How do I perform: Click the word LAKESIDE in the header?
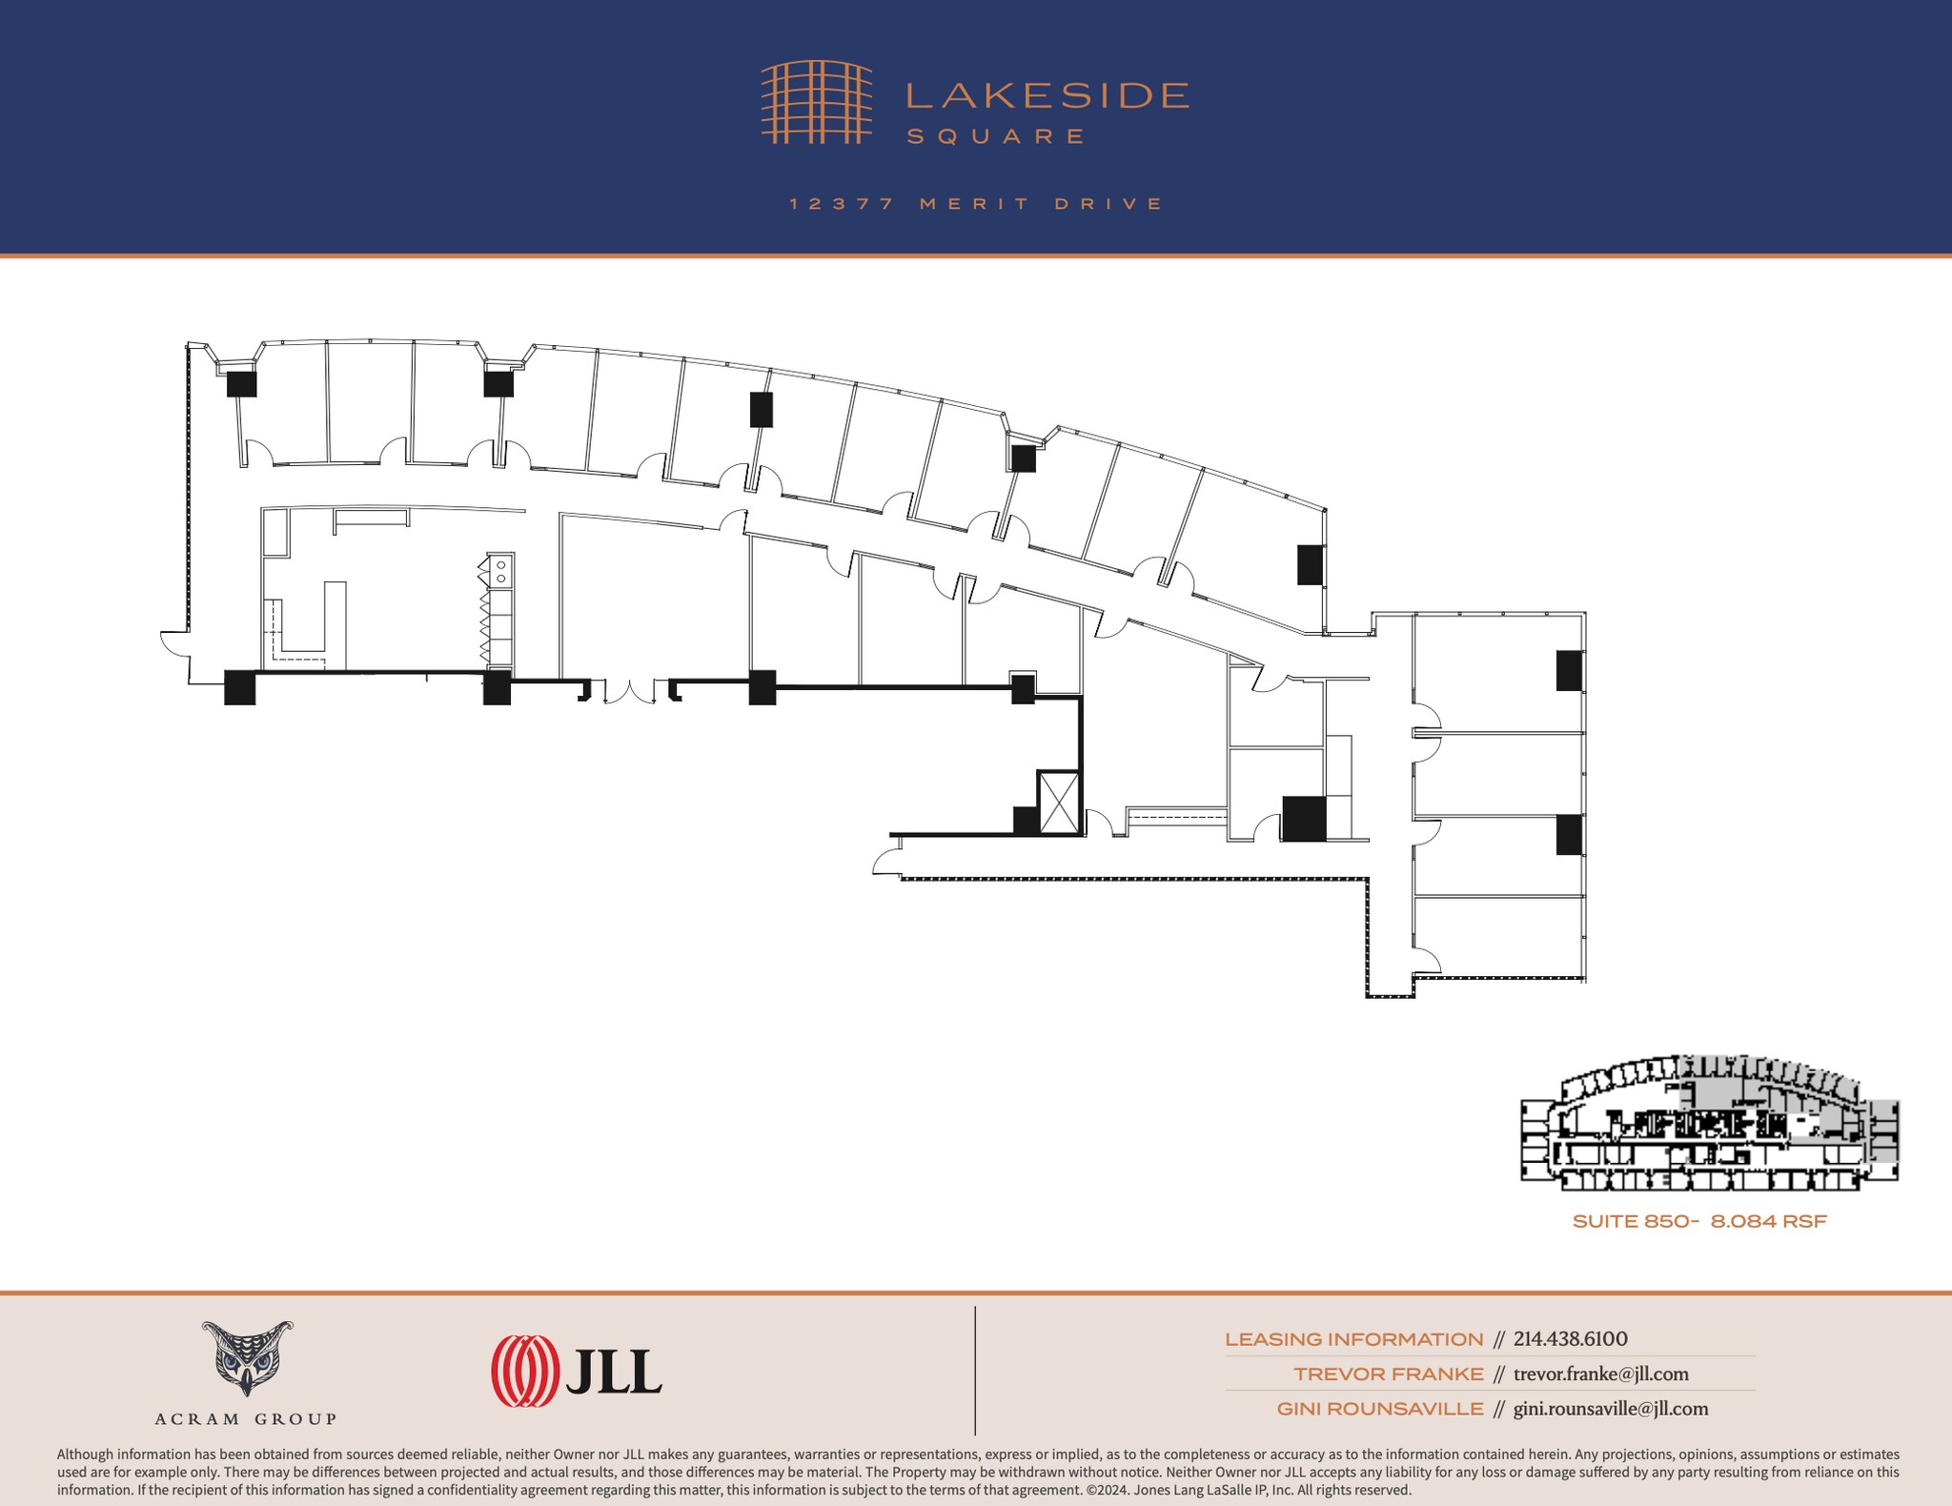click(x=1047, y=95)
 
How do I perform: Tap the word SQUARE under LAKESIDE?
click(x=995, y=136)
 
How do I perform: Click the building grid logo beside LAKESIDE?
click(x=816, y=102)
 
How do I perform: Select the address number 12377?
click(x=842, y=204)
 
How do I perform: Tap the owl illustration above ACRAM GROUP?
click(x=246, y=1357)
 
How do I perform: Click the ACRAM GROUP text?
click(x=246, y=1418)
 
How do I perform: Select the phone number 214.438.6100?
click(x=1570, y=1339)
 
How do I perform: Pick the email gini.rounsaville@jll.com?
click(x=1610, y=1409)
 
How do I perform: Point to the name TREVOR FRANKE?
click(x=1388, y=1374)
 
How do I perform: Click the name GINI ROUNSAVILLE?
click(x=1380, y=1409)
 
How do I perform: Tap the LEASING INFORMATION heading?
click(x=1353, y=1339)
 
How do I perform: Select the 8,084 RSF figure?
click(x=1768, y=1221)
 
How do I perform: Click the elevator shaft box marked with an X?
click(x=1057, y=801)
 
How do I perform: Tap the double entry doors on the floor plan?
click(x=629, y=691)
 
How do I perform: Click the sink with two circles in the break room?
click(x=499, y=570)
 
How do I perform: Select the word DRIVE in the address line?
click(x=1109, y=204)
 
